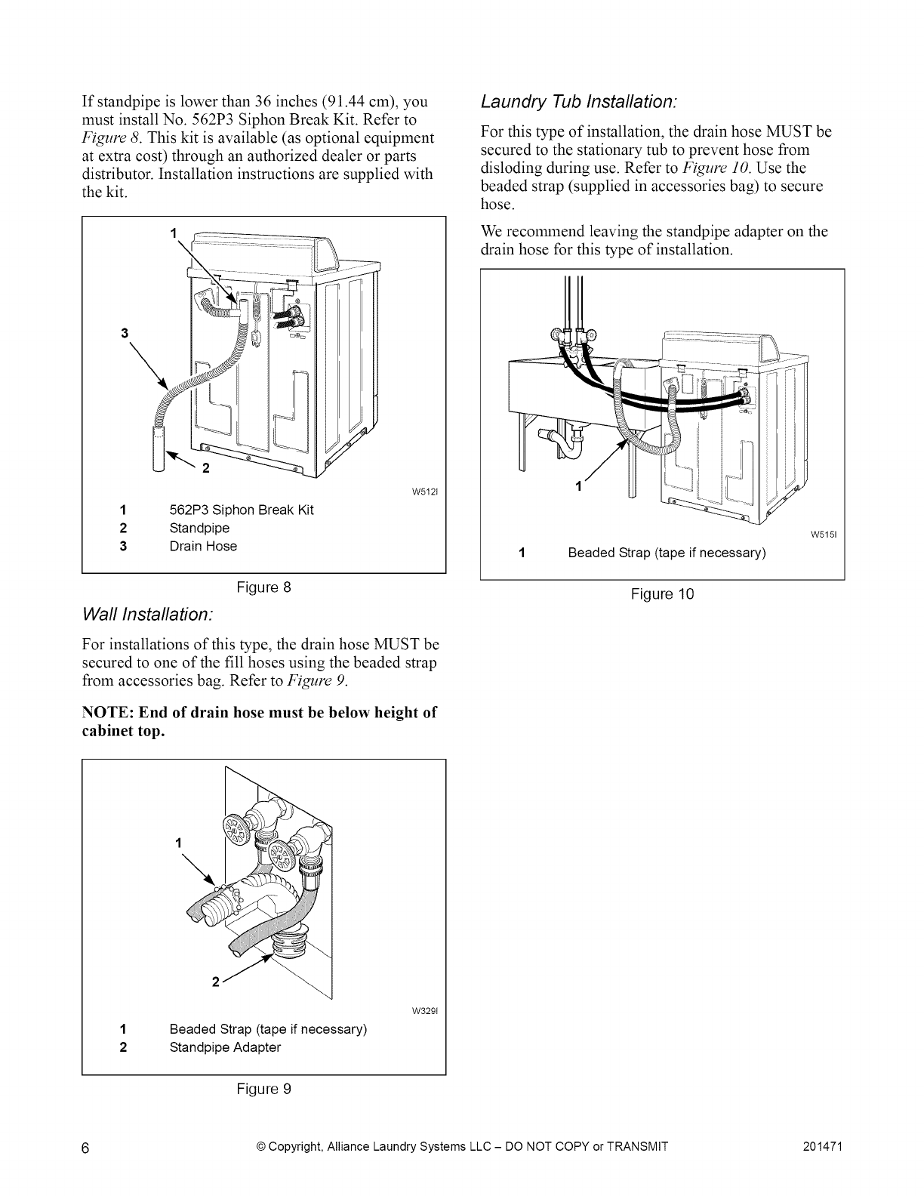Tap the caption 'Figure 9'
pos(263,1089)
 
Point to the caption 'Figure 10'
pos(662,594)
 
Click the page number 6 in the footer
pos(85,1148)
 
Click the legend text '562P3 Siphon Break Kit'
pos(242,510)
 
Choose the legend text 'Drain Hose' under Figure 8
pos(203,546)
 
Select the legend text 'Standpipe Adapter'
pos(225,1047)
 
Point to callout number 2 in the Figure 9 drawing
pos(215,982)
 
